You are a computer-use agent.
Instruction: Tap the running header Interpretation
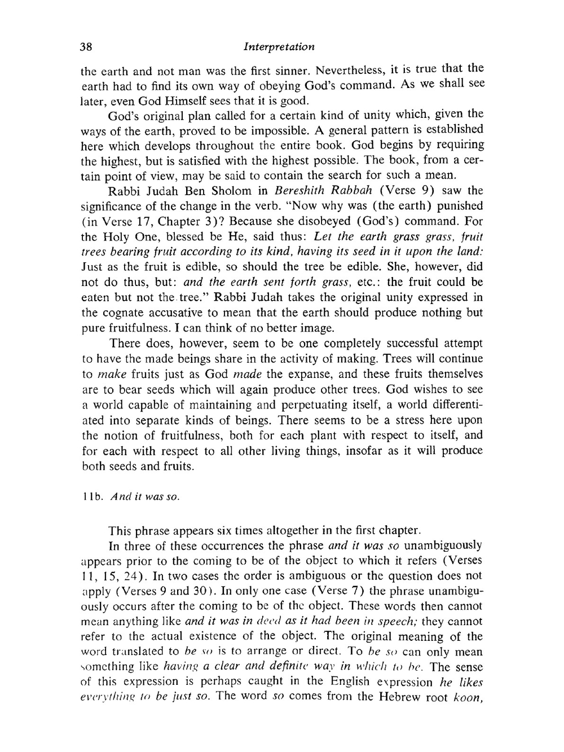[x=279, y=46]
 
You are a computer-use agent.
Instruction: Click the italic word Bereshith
[x=305, y=191]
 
